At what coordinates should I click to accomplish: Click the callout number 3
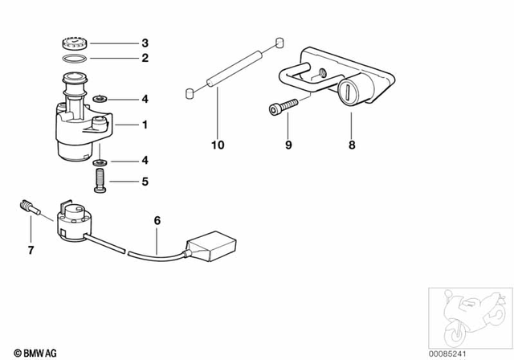[145, 43]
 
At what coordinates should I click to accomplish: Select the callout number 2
[145, 59]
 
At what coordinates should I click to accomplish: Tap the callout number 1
[145, 125]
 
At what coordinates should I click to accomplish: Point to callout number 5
[145, 182]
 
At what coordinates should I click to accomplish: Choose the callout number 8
[351, 145]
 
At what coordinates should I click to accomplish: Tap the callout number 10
[218, 145]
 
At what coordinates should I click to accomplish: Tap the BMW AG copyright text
[26, 350]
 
